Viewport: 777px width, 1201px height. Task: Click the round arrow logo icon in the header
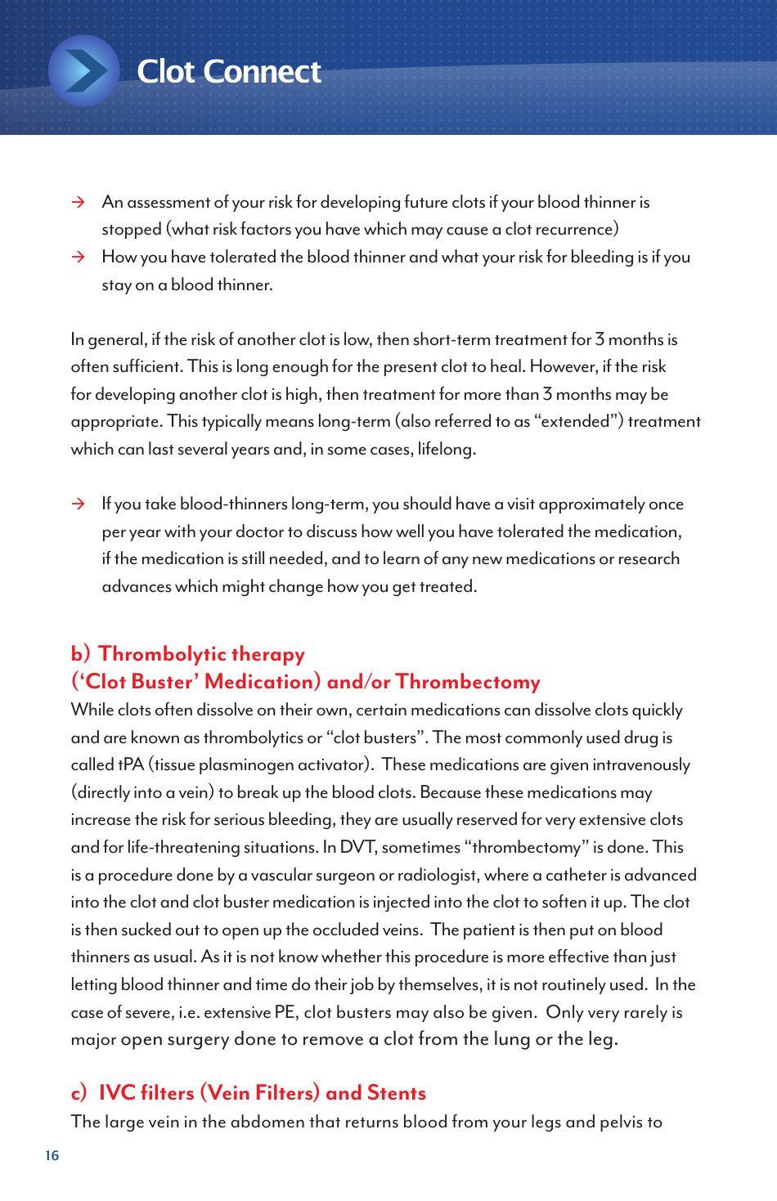click(x=83, y=71)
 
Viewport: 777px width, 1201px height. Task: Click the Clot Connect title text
click(x=228, y=72)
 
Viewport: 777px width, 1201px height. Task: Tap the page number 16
click(x=52, y=1155)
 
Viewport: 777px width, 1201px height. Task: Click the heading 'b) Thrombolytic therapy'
click(x=187, y=654)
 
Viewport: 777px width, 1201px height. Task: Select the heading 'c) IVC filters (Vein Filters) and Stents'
click(x=248, y=1093)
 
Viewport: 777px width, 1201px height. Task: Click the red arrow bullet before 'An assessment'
click(x=79, y=202)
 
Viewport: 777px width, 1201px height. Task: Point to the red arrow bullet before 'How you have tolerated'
click(x=79, y=257)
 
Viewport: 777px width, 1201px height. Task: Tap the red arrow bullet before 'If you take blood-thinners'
click(x=79, y=504)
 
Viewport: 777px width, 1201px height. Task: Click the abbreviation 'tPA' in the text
click(x=131, y=764)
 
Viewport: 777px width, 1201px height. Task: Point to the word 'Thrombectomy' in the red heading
click(x=468, y=682)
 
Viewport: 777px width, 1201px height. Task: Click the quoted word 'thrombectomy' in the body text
click(x=526, y=847)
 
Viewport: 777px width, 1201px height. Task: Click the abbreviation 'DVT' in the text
click(x=357, y=847)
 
